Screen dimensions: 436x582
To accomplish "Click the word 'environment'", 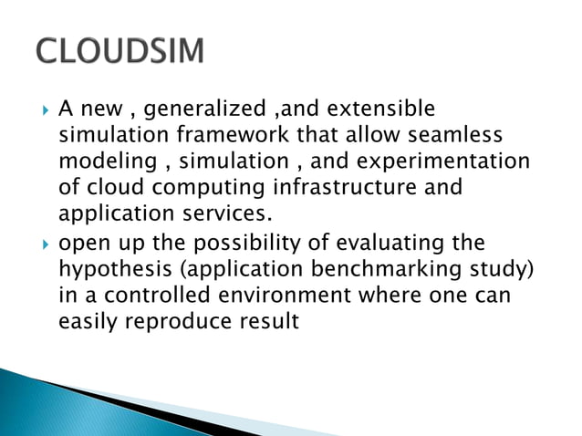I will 297,296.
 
